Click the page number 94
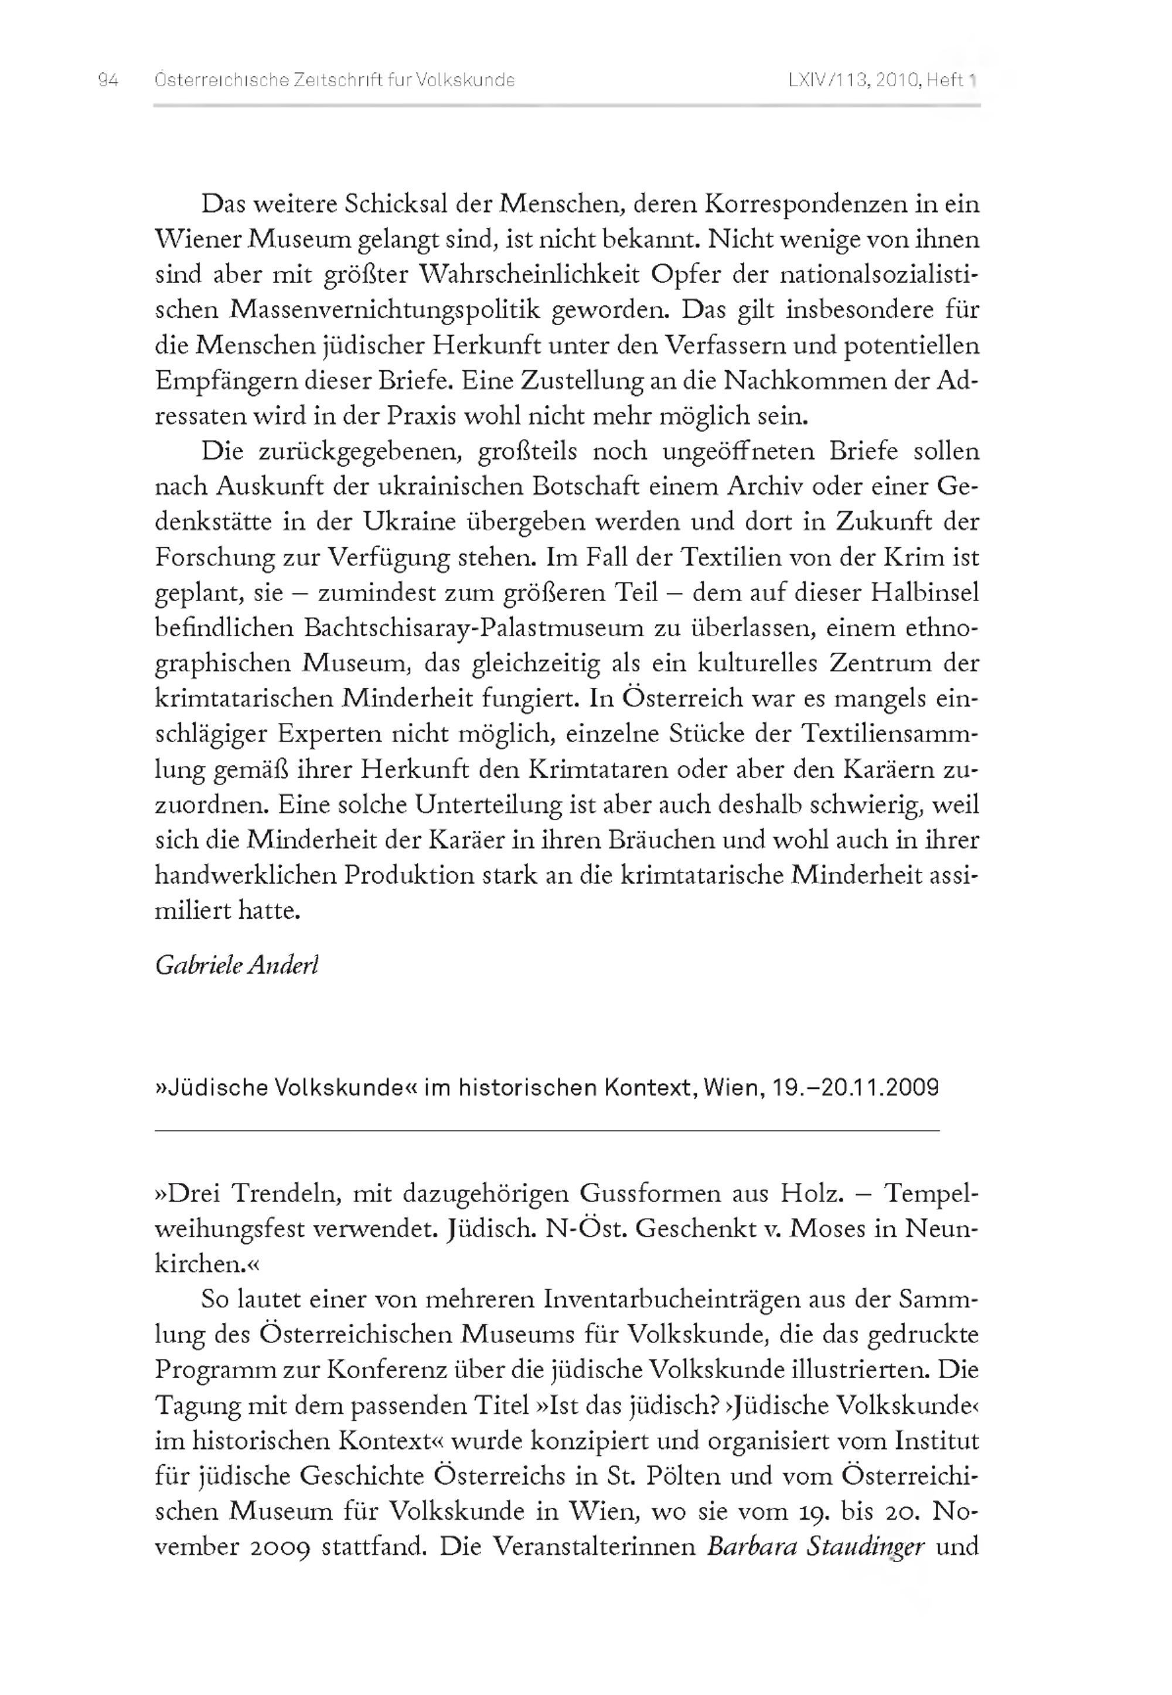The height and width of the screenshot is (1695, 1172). [x=108, y=80]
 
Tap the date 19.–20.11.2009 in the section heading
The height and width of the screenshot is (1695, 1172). [x=856, y=1087]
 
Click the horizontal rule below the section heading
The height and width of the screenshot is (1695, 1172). [x=547, y=1131]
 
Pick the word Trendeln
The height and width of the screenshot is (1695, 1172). [x=285, y=1193]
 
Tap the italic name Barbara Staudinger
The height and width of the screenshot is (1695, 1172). [x=815, y=1547]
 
